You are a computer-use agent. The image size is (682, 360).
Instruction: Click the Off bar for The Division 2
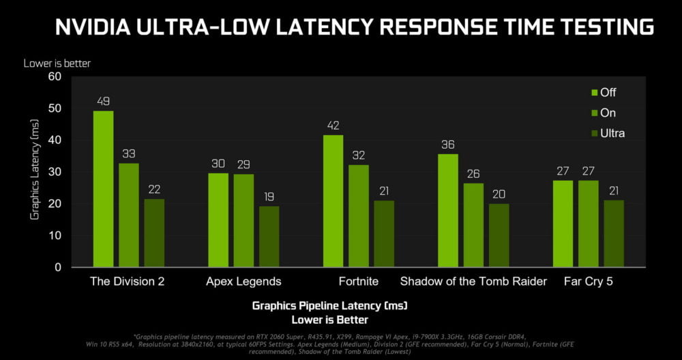[x=104, y=189]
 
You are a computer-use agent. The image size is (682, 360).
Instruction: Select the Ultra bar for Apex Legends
[x=269, y=237]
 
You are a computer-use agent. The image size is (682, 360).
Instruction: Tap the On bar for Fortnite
[x=359, y=216]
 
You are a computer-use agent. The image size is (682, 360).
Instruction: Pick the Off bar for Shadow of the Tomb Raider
[x=448, y=211]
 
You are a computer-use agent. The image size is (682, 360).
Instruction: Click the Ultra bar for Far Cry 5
[x=614, y=233]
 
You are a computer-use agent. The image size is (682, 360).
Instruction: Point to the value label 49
[x=104, y=101]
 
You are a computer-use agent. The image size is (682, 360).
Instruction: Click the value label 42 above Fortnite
[x=333, y=125]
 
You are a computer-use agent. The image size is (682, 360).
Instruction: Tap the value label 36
[x=448, y=145]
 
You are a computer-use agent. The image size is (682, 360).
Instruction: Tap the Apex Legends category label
[x=244, y=281]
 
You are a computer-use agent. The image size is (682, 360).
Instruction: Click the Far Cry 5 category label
[x=588, y=281]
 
